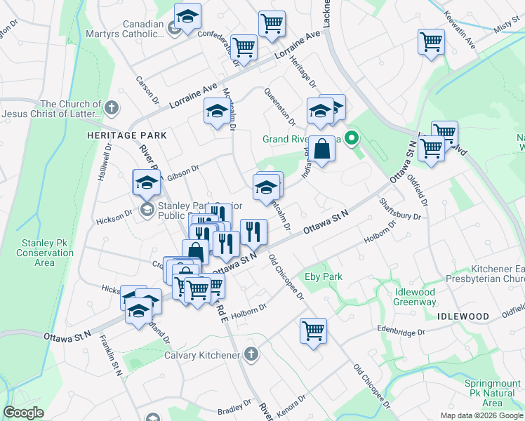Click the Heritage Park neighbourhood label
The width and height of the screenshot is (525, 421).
pos(126,135)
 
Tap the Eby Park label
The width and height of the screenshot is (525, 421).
pos(323,276)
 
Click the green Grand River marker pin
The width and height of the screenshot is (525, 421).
pos(354,138)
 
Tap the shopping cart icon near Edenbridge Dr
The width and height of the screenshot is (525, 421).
pos(312,330)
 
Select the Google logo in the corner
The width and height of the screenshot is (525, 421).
pos(23,413)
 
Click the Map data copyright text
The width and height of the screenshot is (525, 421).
pos(481,415)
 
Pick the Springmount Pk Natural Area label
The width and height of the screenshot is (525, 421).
pos(492,393)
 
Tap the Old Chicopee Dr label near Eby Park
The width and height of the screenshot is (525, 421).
pos(286,277)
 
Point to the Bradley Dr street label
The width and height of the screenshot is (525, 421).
pos(234,408)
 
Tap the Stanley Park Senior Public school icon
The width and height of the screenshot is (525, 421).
pos(147,208)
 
